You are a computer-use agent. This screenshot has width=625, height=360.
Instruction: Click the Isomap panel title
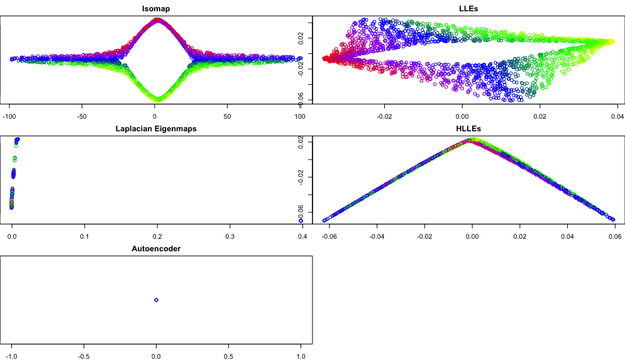click(x=156, y=9)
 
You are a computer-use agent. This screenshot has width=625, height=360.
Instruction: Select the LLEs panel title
click(x=468, y=9)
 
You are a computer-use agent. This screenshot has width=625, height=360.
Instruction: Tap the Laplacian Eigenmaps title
click(x=156, y=129)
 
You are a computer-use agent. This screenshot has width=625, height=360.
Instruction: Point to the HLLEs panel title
click(x=468, y=129)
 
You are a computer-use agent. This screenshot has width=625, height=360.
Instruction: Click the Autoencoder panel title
click(x=156, y=249)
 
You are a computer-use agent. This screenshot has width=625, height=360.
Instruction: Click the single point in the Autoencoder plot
click(x=156, y=300)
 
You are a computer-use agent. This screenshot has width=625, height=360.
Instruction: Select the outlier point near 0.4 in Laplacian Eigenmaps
click(x=301, y=221)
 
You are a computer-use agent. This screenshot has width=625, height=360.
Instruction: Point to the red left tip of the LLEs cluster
click(x=325, y=58)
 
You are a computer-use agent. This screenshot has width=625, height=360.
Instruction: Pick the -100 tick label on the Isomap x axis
click(x=10, y=116)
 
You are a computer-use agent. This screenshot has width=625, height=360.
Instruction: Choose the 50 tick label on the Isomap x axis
click(x=228, y=116)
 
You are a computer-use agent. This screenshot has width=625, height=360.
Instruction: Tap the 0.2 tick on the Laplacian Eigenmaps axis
click(x=157, y=236)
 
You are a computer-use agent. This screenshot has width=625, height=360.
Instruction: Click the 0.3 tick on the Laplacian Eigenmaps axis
click(x=230, y=236)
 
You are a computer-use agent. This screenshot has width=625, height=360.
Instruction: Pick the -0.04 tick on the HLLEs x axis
click(x=377, y=236)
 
